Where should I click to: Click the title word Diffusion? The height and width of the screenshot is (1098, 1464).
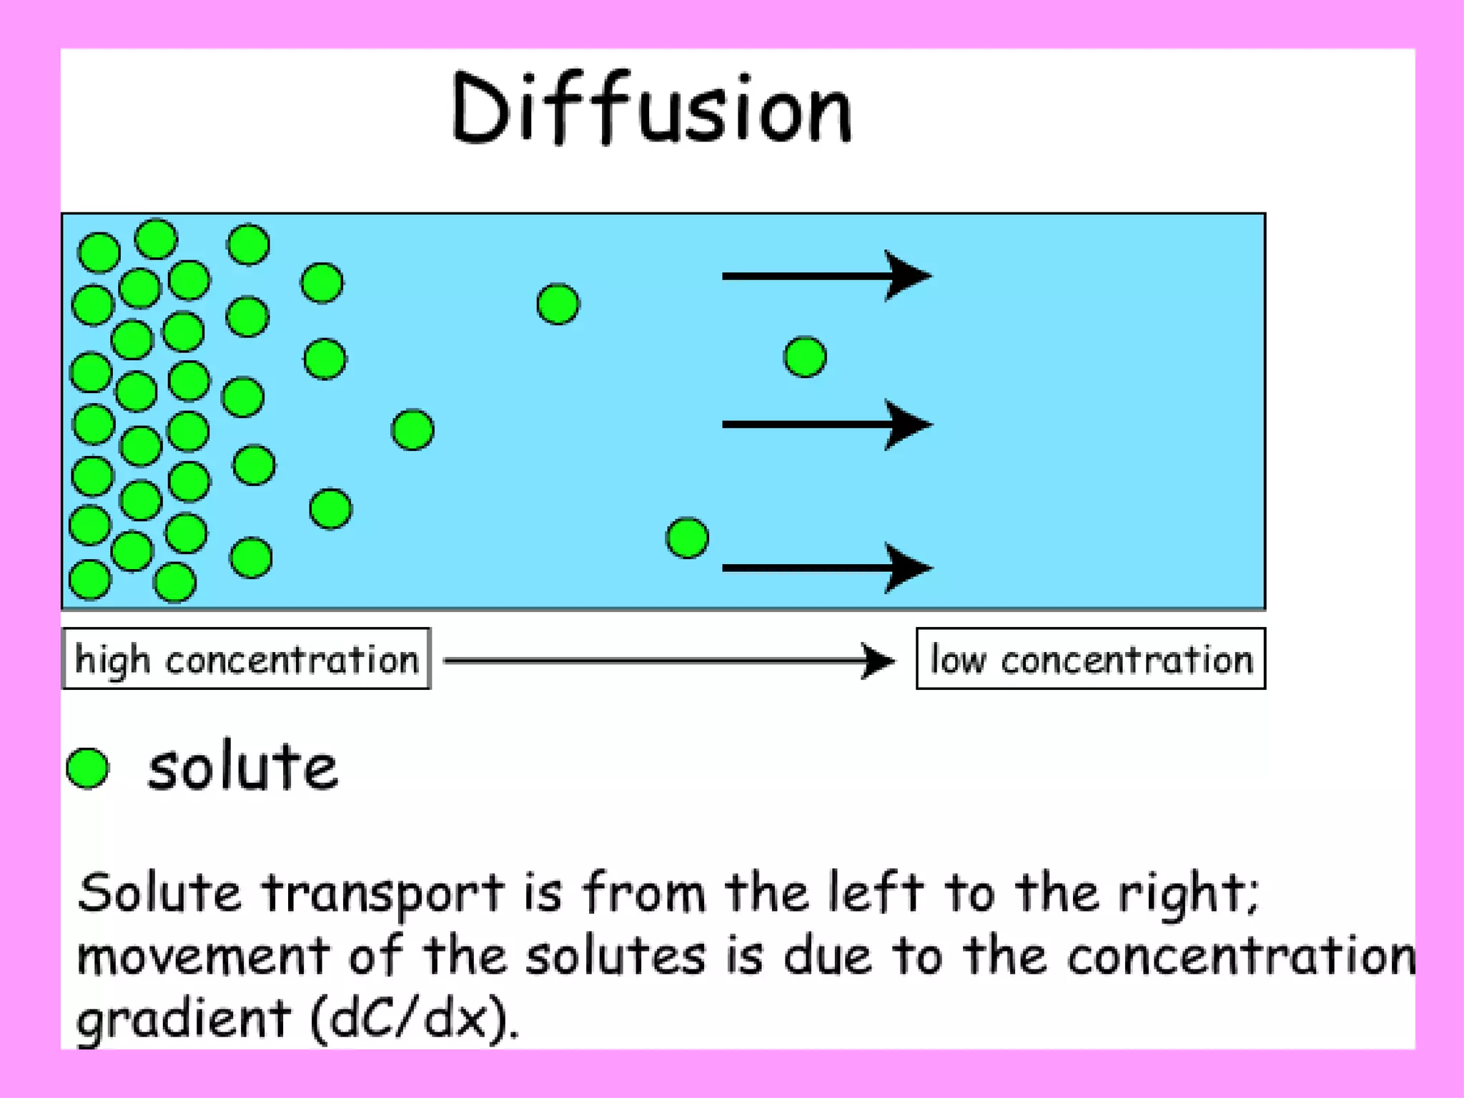(652, 109)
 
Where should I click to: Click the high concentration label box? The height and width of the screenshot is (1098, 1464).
(247, 659)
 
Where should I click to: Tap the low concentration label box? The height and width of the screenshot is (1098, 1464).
(1091, 659)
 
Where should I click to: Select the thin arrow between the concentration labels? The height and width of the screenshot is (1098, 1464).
(668, 661)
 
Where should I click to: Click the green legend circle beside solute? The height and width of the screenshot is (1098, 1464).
(88, 768)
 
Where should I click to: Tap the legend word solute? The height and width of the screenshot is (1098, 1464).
(242, 767)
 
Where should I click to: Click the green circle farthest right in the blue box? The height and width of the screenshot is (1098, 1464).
(805, 357)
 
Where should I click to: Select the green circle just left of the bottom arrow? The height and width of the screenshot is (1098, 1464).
(687, 538)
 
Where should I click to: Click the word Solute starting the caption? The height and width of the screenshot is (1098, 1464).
(159, 894)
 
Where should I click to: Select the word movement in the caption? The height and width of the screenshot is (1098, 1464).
(203, 956)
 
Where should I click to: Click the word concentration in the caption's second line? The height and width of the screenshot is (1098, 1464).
(1241, 956)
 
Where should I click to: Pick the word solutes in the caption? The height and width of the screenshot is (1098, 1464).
(615, 956)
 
